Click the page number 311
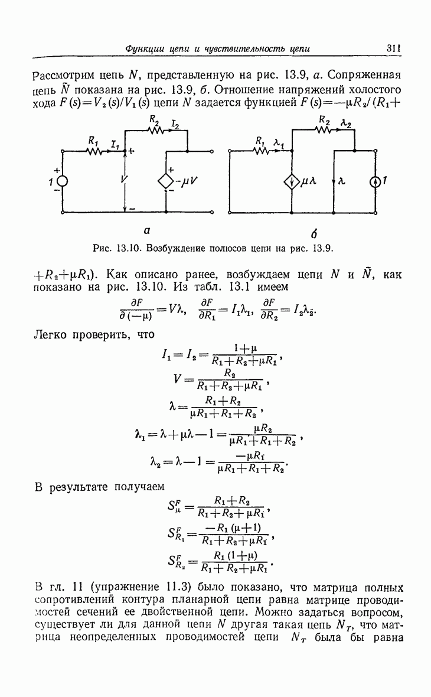(x=394, y=48)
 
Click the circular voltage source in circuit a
(x=62, y=181)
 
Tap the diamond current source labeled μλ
(x=292, y=182)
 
